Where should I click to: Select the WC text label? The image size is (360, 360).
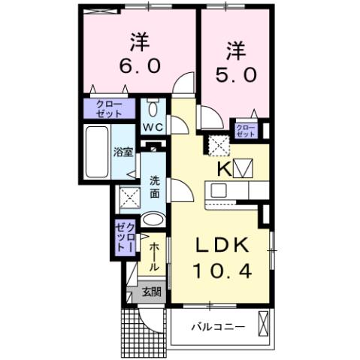(153, 126)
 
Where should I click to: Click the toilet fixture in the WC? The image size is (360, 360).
(153, 105)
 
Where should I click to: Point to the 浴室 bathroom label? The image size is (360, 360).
(123, 152)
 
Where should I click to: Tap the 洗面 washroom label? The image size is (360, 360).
(154, 186)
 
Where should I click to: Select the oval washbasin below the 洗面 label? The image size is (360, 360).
(153, 220)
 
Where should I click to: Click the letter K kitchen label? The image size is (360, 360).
(222, 168)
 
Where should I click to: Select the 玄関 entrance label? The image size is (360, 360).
(150, 292)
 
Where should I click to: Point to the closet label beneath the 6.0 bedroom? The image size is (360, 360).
(111, 110)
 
